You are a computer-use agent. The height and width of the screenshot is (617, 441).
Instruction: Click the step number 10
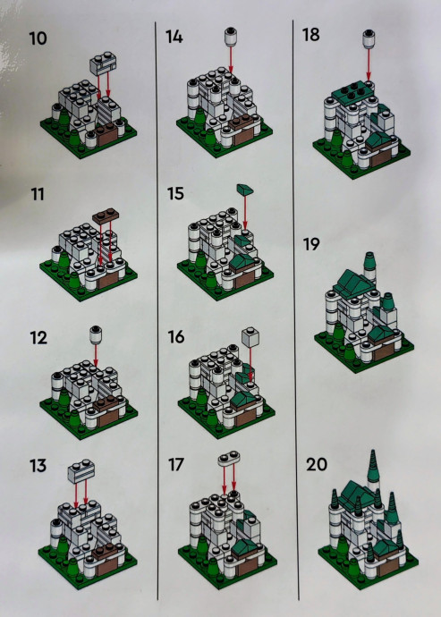pyautogui.click(x=38, y=38)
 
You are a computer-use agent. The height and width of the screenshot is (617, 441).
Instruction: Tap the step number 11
pyautogui.click(x=38, y=194)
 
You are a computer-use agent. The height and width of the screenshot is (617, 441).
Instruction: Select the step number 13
pyautogui.click(x=38, y=466)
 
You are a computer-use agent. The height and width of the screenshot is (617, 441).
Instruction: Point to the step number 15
pyautogui.click(x=175, y=194)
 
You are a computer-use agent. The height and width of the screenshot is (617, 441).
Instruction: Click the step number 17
pyautogui.click(x=176, y=465)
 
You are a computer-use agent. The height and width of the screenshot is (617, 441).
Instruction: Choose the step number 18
pyautogui.click(x=310, y=35)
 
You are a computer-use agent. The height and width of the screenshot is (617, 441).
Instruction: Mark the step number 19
pyautogui.click(x=311, y=244)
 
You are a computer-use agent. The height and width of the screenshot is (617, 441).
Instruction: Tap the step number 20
pyautogui.click(x=317, y=464)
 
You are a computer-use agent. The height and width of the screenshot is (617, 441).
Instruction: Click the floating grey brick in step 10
pyautogui.click(x=103, y=63)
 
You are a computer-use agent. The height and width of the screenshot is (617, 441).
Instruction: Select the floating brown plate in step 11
pyautogui.click(x=106, y=216)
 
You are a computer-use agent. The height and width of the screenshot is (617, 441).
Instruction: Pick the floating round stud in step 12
pyautogui.click(x=96, y=334)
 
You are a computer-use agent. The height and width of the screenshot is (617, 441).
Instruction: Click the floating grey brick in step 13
pyautogui.click(x=81, y=470)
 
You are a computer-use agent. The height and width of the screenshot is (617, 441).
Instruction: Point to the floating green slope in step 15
pyautogui.click(x=245, y=190)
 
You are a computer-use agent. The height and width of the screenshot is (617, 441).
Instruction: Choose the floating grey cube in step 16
pyautogui.click(x=250, y=337)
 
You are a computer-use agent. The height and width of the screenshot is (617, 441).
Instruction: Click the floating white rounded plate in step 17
pyautogui.click(x=229, y=458)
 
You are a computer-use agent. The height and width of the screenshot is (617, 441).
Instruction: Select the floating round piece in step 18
pyautogui.click(x=369, y=38)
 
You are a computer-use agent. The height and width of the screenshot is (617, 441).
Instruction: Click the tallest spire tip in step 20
pyautogui.click(x=372, y=452)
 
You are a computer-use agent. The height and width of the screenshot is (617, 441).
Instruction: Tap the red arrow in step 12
pyautogui.click(x=96, y=355)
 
